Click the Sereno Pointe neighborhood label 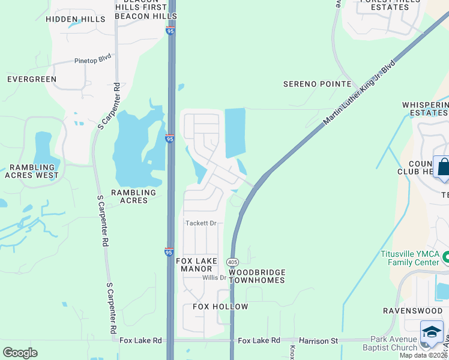[x=317, y=85]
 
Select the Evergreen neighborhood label [x=31, y=79]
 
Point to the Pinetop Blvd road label [x=93, y=61]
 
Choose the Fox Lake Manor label [x=194, y=265]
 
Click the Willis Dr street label [x=214, y=278]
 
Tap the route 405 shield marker [x=233, y=262]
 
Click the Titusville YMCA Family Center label [x=409, y=257]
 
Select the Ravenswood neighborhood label [x=413, y=311]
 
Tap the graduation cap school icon [x=432, y=332]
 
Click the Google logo [x=20, y=353]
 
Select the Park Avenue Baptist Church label [x=390, y=344]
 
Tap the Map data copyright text [x=424, y=355]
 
